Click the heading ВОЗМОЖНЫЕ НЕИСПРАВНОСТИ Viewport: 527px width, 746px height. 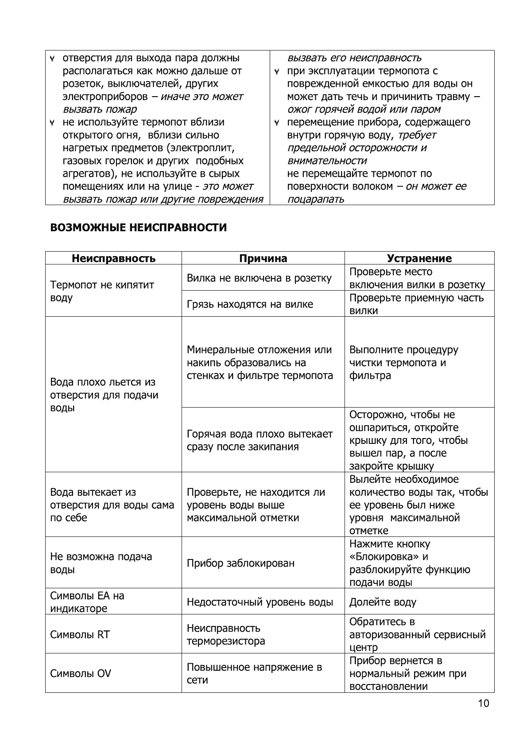138,228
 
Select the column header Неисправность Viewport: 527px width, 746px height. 113,259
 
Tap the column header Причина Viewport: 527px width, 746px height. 263,259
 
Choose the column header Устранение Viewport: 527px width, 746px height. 419,259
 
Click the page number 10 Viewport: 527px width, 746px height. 484,703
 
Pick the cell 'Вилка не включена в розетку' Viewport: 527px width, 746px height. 259,278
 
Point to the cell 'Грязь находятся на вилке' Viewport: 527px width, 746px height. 250,304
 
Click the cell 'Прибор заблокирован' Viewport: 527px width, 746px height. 240,563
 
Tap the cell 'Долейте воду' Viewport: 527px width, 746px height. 383,602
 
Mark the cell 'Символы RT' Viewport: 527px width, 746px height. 80,634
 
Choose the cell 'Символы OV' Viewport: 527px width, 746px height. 81,674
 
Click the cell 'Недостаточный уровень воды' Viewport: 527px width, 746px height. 260,602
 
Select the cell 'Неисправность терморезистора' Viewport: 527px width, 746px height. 226,634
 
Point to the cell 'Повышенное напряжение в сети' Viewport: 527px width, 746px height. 254,673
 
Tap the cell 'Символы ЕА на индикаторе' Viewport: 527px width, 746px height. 87,602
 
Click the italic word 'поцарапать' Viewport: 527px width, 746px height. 315,199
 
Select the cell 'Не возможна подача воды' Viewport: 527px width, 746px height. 101,563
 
